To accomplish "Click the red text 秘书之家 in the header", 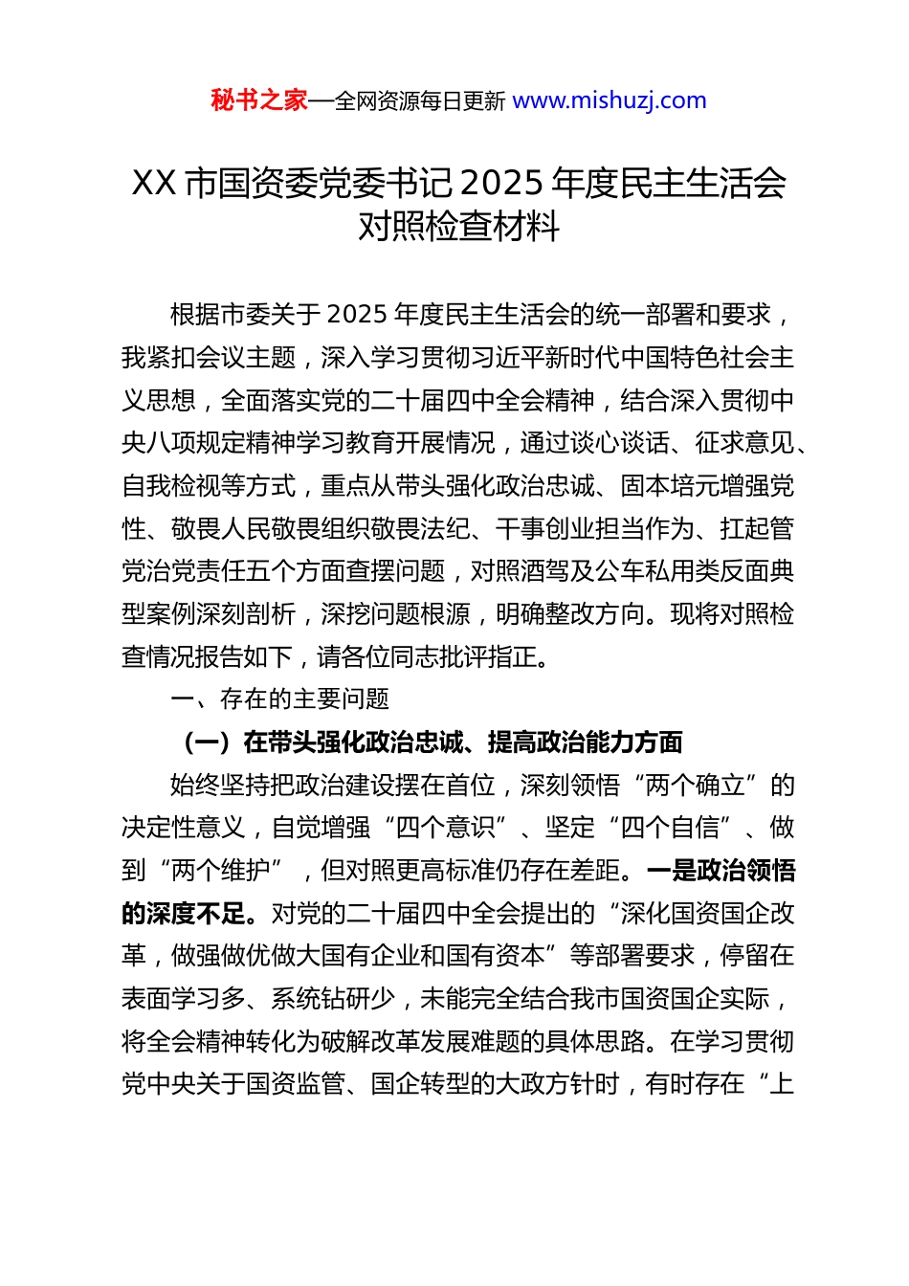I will [x=259, y=100].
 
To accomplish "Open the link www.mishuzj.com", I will [x=610, y=100].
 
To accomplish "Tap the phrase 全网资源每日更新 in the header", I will [x=420, y=101].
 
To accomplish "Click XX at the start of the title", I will [x=153, y=182].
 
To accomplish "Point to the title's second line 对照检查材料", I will [x=458, y=227].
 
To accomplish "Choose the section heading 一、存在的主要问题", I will [x=279, y=699].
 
